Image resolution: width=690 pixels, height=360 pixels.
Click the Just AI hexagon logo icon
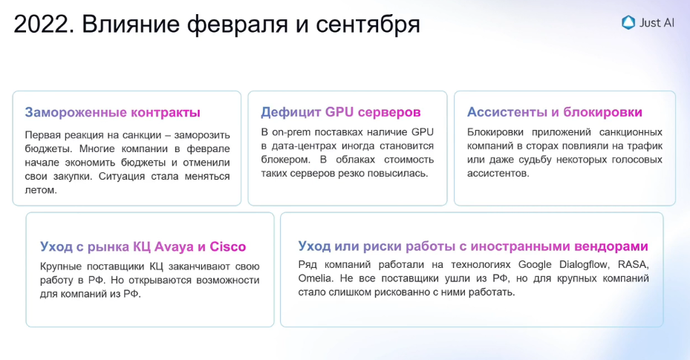tap(628, 22)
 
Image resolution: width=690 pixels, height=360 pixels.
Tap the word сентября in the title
tap(368, 25)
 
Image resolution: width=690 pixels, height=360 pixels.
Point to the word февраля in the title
tap(238, 25)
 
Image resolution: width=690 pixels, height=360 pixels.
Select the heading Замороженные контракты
tap(113, 113)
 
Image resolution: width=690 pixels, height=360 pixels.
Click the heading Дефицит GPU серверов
tap(341, 112)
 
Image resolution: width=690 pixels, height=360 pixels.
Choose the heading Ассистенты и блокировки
tap(555, 112)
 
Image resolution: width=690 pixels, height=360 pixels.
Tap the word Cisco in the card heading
tap(227, 246)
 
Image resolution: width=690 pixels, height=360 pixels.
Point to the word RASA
tap(634, 264)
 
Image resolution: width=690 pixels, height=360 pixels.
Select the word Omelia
tap(315, 278)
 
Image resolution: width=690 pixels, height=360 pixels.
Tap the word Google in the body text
tap(535, 264)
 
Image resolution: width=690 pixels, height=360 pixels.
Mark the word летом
tap(41, 190)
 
